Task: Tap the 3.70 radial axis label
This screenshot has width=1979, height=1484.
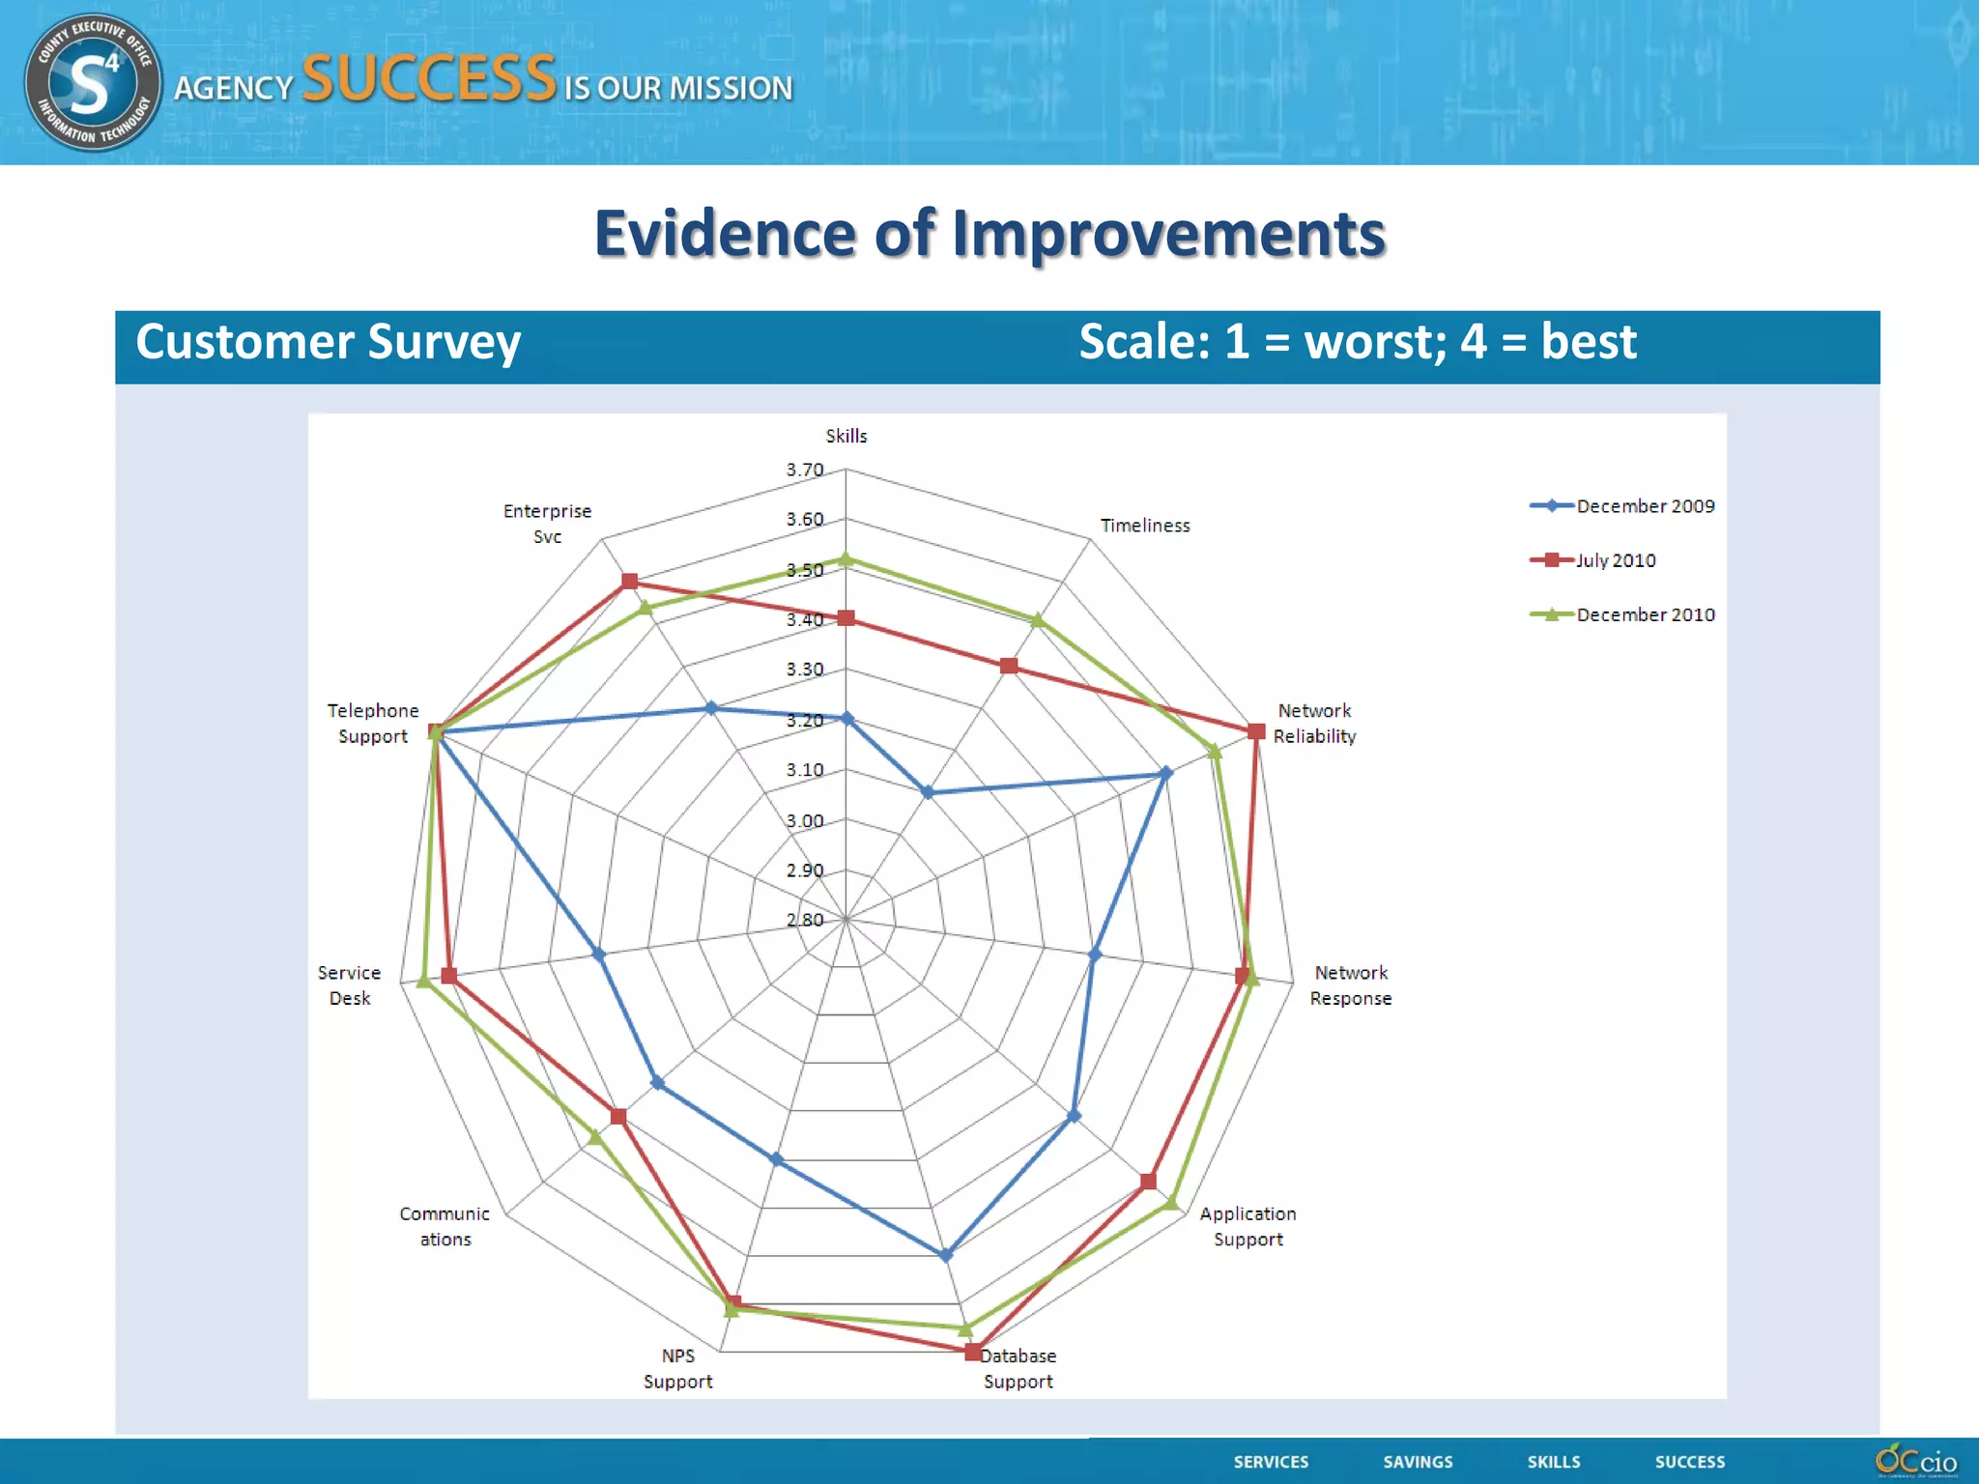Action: click(x=804, y=470)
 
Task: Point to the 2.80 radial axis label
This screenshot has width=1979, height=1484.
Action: click(x=804, y=920)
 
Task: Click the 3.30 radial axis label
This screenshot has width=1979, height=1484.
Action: click(x=804, y=670)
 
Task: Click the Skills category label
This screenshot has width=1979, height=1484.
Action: click(x=846, y=436)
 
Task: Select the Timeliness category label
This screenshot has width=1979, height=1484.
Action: click(x=1145, y=526)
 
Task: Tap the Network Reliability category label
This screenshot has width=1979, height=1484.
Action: click(x=1314, y=723)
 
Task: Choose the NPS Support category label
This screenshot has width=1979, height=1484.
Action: click(x=677, y=1368)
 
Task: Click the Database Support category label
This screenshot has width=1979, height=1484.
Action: click(x=1018, y=1368)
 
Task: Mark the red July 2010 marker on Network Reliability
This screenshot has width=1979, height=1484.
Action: click(x=1256, y=731)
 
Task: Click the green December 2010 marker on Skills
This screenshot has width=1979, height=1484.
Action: click(x=846, y=558)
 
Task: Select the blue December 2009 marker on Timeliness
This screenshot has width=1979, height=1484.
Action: click(x=928, y=792)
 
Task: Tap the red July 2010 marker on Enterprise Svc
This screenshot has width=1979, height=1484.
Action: click(x=630, y=581)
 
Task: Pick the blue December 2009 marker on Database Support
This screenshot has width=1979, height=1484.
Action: click(x=946, y=1255)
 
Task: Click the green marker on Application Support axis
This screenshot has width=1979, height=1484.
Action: click(x=1171, y=1202)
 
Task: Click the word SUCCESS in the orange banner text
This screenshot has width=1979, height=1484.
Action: click(x=429, y=79)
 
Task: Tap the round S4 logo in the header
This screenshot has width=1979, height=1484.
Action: click(x=92, y=82)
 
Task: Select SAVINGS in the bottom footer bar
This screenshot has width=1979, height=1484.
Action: click(x=1418, y=1462)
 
